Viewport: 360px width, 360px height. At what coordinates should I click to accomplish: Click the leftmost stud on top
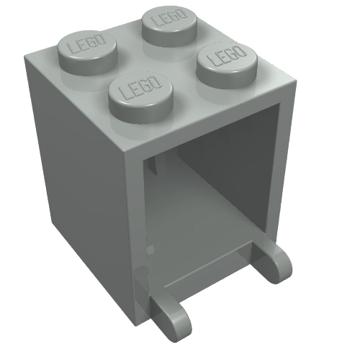point(87,53)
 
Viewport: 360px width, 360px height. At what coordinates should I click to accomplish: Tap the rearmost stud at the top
point(169,26)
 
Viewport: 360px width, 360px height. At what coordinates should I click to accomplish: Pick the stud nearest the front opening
point(140,97)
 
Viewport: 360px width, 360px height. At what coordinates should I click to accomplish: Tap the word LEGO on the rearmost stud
point(171,17)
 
